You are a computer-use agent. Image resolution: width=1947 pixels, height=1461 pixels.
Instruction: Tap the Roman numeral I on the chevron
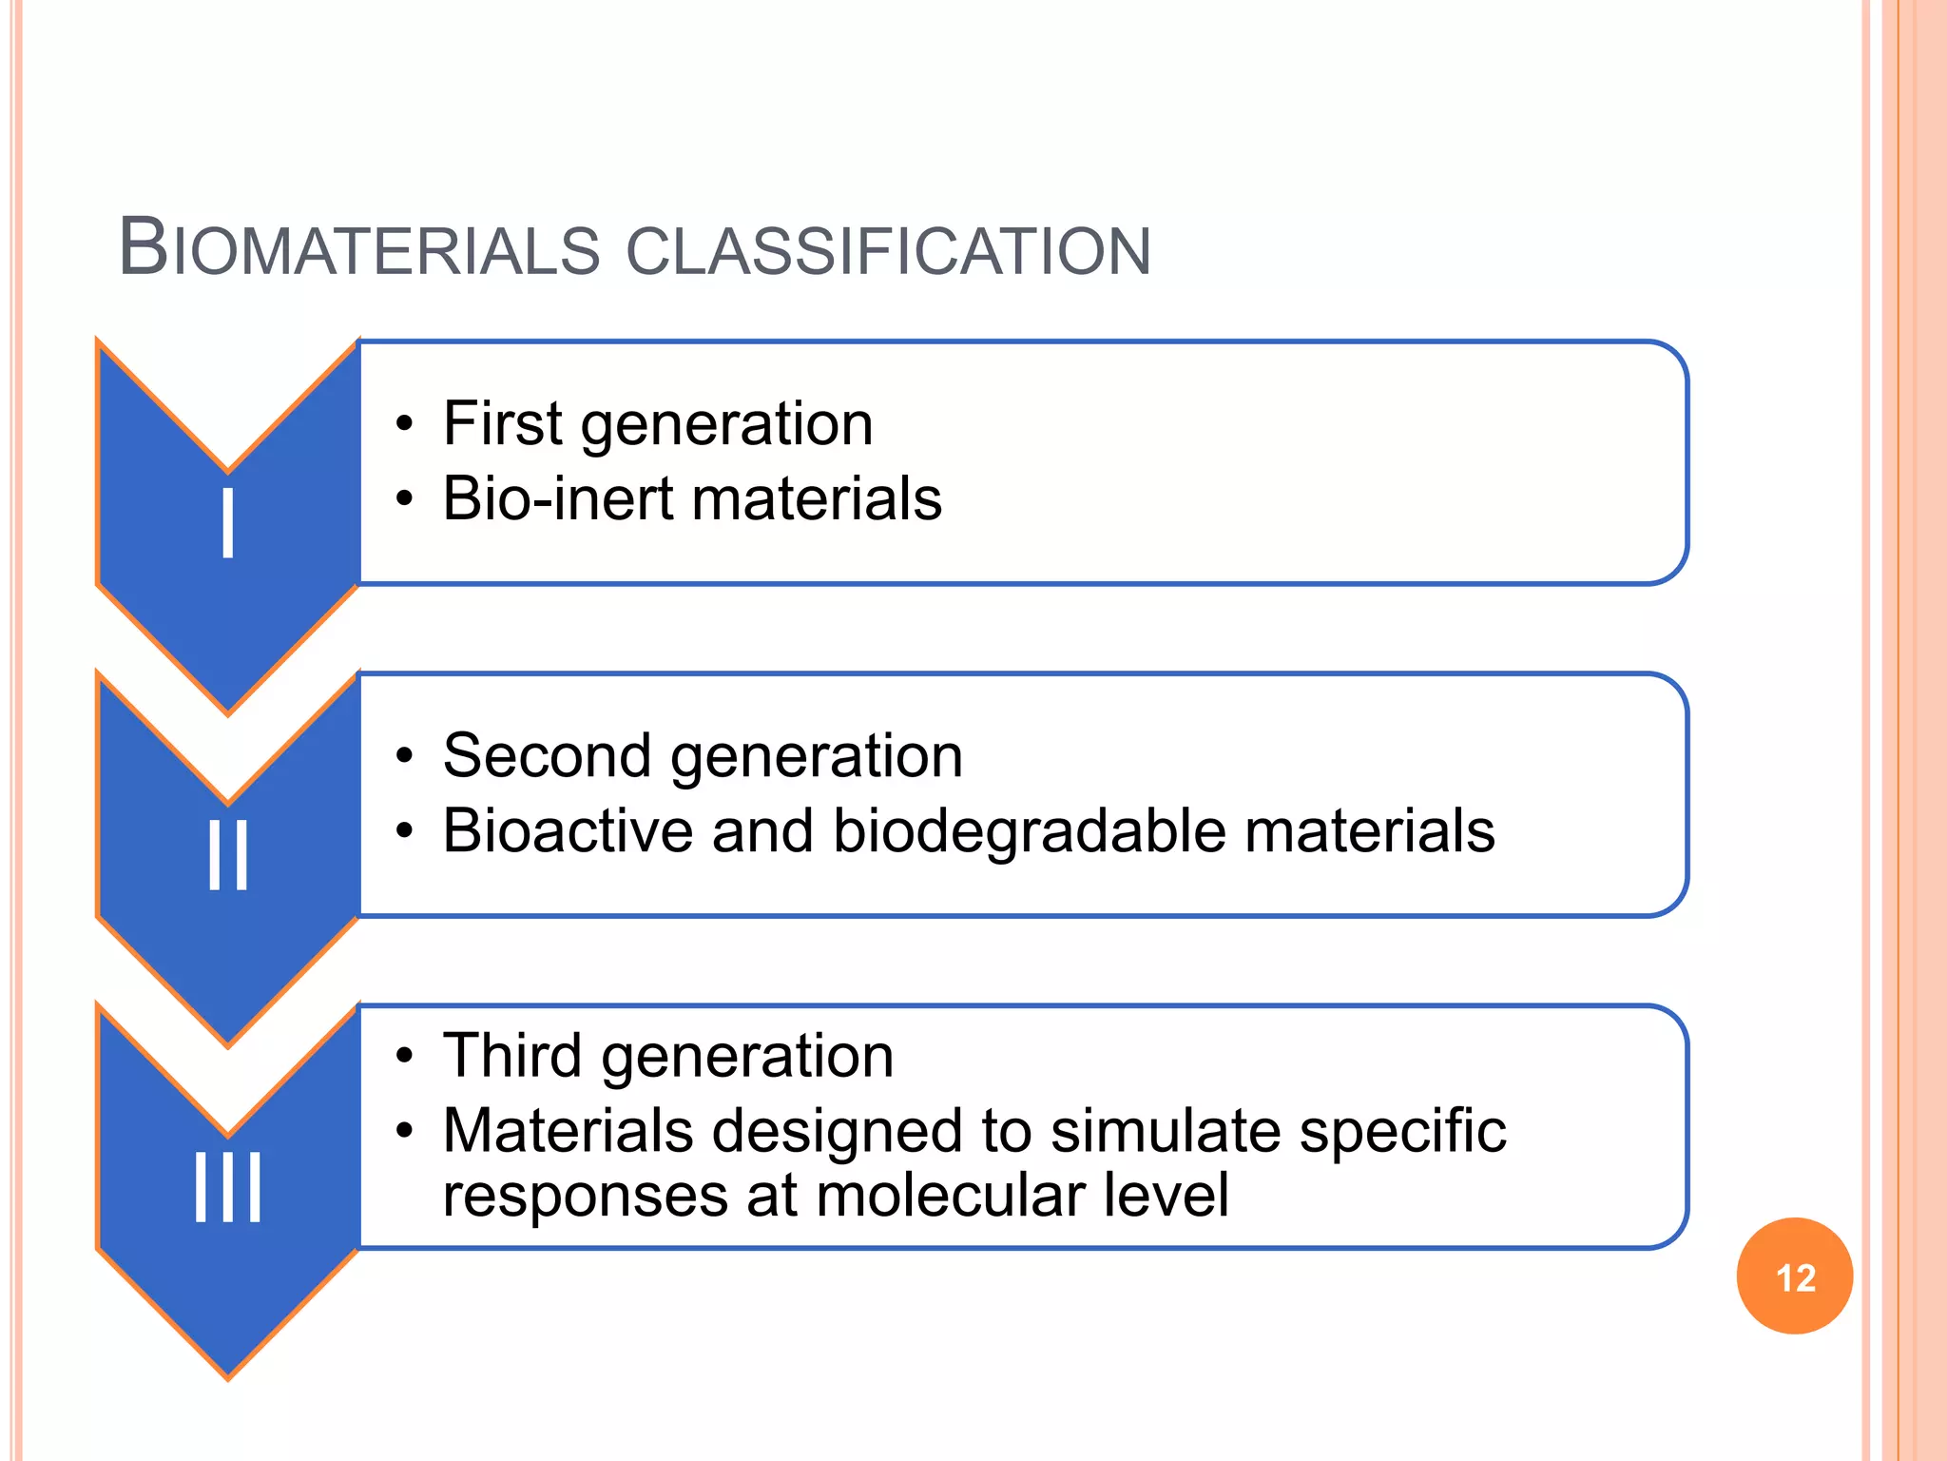[x=228, y=523]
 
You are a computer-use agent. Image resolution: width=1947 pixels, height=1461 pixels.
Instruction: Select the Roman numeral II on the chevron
[x=228, y=855]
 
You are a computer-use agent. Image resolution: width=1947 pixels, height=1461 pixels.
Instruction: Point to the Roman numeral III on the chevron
[x=228, y=1187]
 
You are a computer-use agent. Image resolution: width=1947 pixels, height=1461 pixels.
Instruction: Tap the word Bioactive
[x=567, y=830]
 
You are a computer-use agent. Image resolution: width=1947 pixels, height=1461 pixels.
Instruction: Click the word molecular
[x=950, y=1196]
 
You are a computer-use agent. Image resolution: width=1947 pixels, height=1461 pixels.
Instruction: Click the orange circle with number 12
[x=1794, y=1276]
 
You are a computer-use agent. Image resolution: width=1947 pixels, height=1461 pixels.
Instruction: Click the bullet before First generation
[x=405, y=424]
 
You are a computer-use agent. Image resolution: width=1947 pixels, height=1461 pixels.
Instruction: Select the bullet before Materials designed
[x=405, y=1132]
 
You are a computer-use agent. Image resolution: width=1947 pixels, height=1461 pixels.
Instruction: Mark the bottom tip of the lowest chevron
[x=228, y=1375]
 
